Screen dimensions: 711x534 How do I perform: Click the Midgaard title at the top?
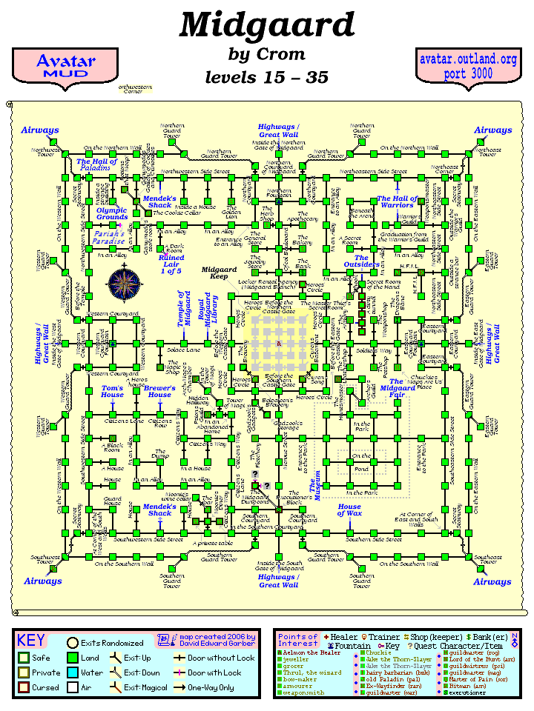267,27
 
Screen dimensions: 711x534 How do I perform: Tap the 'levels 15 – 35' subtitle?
267,77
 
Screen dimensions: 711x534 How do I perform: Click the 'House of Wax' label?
349,510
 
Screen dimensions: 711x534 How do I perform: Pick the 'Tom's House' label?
113,391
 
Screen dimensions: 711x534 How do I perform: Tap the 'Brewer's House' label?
159,391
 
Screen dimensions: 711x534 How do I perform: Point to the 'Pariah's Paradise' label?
109,237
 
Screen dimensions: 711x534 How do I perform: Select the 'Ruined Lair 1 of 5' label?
171,264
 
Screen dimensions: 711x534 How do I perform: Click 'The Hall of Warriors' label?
397,201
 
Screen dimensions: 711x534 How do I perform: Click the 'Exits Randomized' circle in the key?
73,643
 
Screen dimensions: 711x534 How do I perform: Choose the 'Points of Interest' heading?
297,641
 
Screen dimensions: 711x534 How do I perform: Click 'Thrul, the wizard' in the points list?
312,672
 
